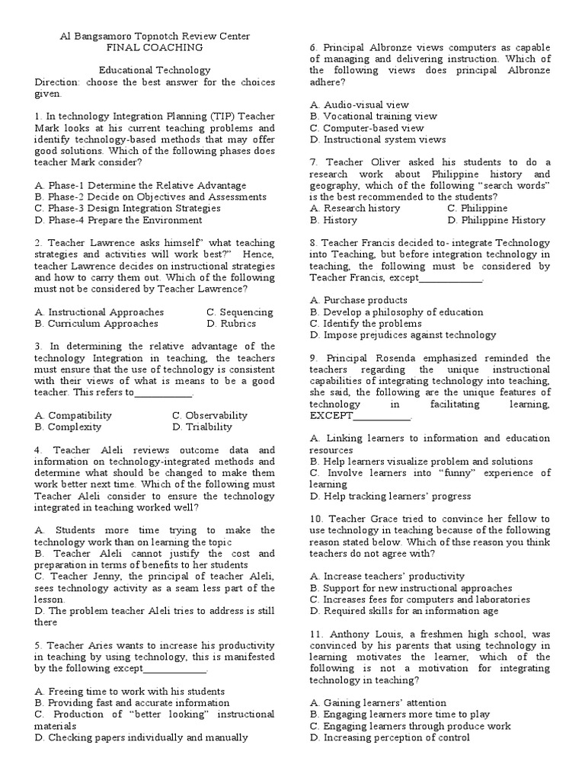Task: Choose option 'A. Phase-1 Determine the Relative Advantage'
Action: pos(141,185)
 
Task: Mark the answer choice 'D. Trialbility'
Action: pos(202,427)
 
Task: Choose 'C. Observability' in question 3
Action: pos(209,416)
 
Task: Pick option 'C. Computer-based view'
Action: pos(366,128)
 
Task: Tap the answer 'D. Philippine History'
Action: pos(497,220)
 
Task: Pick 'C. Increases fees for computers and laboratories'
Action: pos(420,599)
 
